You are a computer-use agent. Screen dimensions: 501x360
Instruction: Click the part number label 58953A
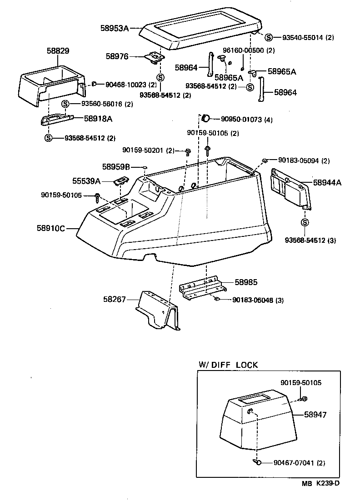coord(115,28)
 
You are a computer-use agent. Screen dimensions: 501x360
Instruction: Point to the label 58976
coord(117,56)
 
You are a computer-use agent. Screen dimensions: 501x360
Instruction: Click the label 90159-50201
coord(148,150)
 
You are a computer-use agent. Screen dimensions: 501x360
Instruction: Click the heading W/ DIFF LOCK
coord(228,365)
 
